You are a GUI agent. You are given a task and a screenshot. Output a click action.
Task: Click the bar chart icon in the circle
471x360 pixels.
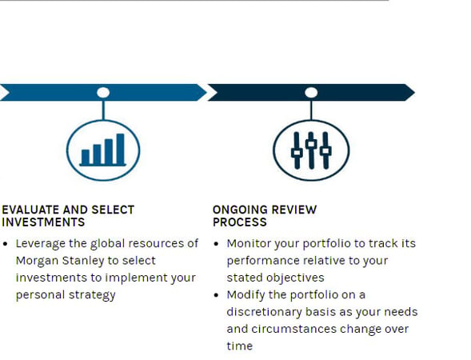pos(103,148)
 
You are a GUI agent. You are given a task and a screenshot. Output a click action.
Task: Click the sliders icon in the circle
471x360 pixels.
pos(310,149)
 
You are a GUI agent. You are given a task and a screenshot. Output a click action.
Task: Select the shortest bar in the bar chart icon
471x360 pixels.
pos(84,156)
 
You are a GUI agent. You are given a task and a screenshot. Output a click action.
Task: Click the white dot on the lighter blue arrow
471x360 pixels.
pos(103,93)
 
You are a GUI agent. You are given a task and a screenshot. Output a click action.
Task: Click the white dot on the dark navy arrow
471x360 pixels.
pos(310,93)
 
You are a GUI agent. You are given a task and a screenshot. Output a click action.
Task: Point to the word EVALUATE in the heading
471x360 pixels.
pos(30,210)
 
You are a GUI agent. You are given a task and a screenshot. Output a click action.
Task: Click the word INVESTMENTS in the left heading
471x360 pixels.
pos(43,222)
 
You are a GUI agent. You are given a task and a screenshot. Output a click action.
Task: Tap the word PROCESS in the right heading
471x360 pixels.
pos(238,222)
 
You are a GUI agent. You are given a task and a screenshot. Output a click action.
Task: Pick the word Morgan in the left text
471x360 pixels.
pos(35,261)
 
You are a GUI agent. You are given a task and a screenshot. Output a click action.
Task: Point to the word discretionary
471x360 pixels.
pos(263,312)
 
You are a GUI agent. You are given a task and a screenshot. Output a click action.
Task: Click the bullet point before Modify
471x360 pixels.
pos(218,294)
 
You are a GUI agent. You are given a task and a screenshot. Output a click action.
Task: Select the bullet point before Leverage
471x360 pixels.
pos(6,243)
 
